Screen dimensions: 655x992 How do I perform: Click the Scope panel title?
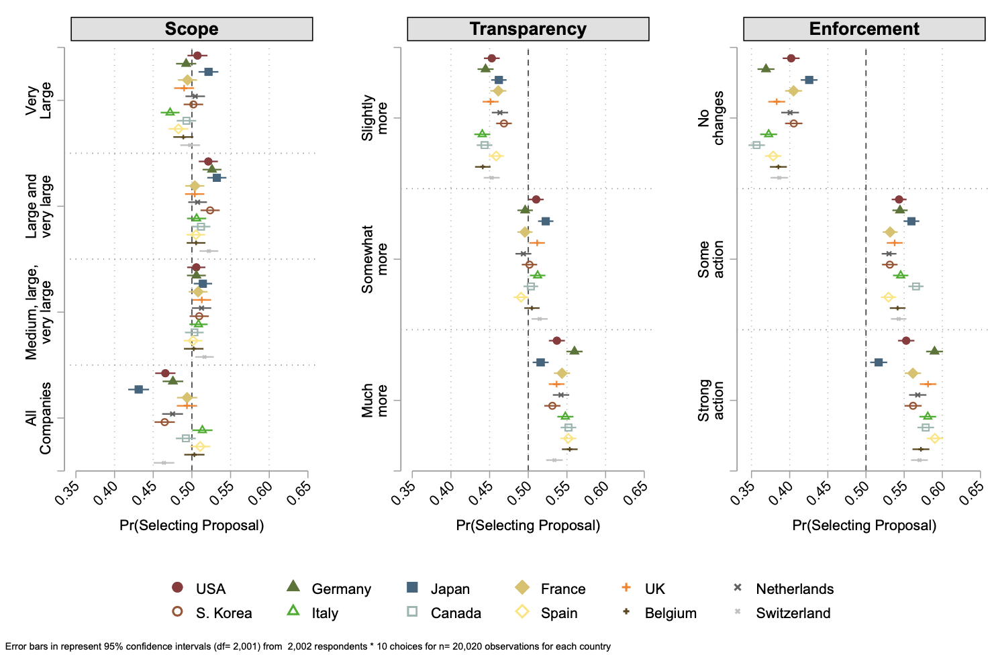(x=191, y=29)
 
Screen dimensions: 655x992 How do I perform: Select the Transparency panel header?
(x=528, y=29)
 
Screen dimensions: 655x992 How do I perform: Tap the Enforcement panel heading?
(x=864, y=29)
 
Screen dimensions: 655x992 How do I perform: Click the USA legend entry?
(x=210, y=589)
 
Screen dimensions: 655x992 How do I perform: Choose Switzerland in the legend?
(x=793, y=613)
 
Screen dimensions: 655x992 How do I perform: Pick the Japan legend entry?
(x=450, y=589)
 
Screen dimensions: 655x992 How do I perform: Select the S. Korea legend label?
(x=224, y=613)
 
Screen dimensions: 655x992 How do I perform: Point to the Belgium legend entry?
(x=670, y=613)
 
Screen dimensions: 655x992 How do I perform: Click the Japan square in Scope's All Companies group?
(x=138, y=389)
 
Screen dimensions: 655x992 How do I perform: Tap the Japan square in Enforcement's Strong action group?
(x=878, y=362)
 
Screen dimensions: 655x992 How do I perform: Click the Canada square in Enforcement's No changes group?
(x=756, y=145)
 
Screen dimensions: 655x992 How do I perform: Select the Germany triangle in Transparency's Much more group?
(x=573, y=351)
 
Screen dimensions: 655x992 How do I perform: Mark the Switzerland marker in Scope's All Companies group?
(x=164, y=462)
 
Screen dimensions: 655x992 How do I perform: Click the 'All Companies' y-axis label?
(x=38, y=418)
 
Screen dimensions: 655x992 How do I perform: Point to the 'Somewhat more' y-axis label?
(x=375, y=259)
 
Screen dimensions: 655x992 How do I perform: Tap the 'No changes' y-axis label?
(x=711, y=118)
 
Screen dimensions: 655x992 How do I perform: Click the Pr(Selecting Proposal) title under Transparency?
(x=528, y=525)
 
